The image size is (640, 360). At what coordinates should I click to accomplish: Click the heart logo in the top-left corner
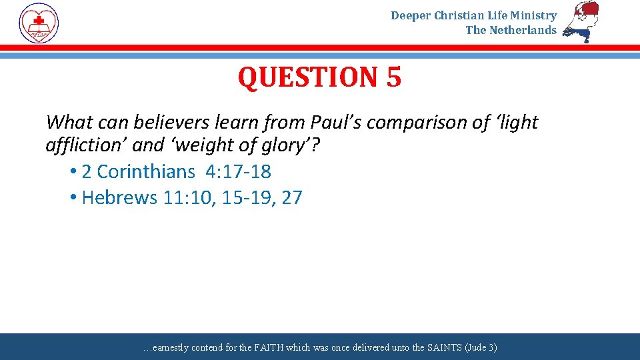click(x=39, y=23)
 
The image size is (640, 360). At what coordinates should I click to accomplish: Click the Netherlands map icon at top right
click(x=581, y=21)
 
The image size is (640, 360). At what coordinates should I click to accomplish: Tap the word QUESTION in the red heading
click(x=303, y=77)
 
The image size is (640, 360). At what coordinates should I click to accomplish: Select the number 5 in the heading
click(x=393, y=77)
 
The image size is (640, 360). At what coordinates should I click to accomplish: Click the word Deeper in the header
click(x=411, y=15)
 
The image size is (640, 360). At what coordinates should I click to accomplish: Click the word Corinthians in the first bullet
click(x=145, y=172)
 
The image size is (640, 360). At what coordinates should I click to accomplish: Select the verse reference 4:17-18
click(x=238, y=172)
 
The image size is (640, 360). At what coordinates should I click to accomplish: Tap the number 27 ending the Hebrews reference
click(x=291, y=198)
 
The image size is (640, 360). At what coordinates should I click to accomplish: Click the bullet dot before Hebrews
click(x=72, y=198)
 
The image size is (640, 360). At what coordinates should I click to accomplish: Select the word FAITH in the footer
click(x=268, y=347)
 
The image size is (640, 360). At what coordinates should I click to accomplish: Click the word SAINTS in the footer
click(x=425, y=347)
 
